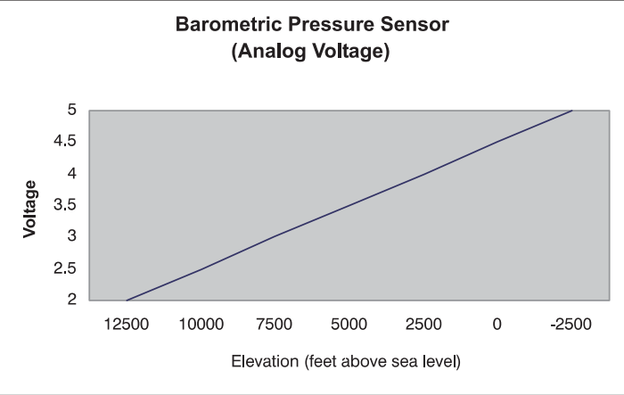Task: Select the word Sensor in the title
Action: click(417, 25)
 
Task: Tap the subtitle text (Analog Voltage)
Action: click(310, 53)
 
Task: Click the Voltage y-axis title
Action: click(30, 209)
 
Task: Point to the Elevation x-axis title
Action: click(345, 363)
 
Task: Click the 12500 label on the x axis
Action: click(127, 325)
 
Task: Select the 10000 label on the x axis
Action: click(201, 325)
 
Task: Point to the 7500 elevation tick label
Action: click(275, 325)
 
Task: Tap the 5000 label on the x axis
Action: click(349, 325)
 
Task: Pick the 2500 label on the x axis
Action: click(423, 325)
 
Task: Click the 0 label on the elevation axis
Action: click(497, 325)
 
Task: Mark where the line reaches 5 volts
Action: click(571, 111)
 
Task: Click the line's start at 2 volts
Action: click(127, 300)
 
